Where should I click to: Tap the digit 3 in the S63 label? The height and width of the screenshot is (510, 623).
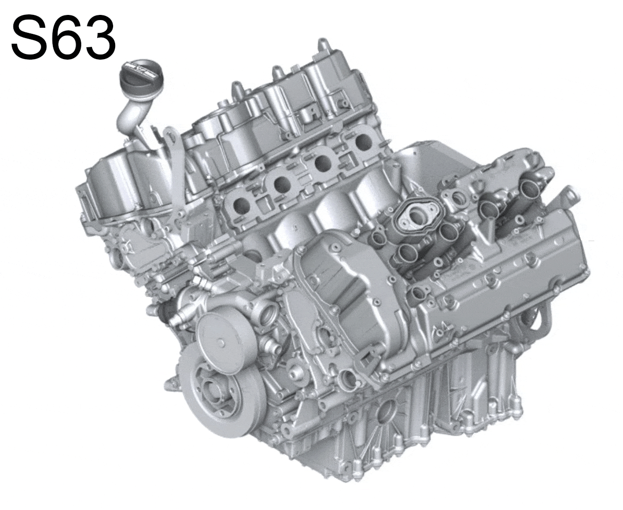click(x=98, y=37)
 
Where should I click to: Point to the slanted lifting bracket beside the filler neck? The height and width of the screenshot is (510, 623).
click(x=175, y=165)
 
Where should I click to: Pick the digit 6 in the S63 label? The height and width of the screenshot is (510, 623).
click(x=63, y=37)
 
